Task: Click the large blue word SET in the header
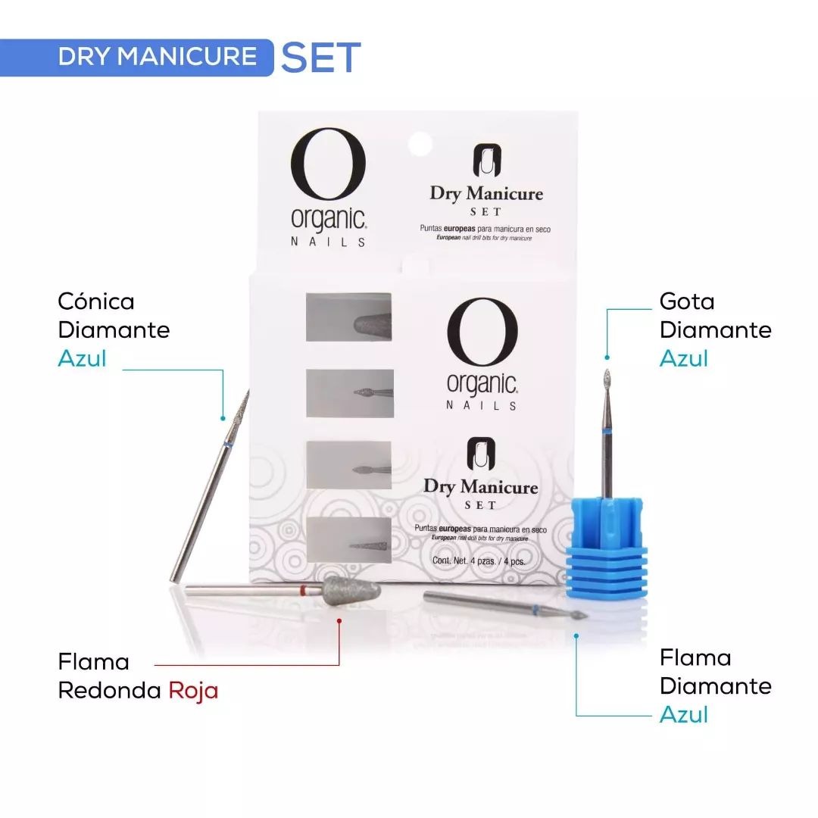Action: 321,57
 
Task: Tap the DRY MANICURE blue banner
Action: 136,58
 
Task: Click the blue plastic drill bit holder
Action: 607,548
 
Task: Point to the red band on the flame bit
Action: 302,591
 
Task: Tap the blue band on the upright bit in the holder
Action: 606,432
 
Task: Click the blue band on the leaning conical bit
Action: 227,445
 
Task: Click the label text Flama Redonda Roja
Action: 138,676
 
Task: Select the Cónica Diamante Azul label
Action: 114,329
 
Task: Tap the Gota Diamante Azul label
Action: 715,329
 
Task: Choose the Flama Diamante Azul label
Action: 715,686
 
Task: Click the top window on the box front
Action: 348,317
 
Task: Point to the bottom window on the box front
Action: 348,540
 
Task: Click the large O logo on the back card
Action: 328,164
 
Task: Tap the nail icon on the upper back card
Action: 487,161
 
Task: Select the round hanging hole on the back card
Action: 420,144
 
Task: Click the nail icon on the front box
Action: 481,454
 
